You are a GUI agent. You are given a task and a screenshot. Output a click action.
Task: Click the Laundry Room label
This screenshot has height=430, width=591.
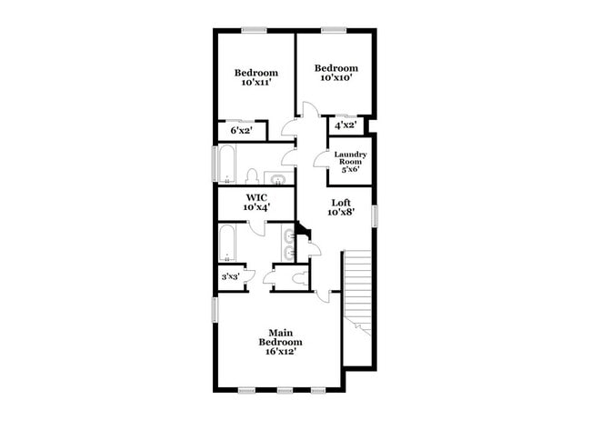350,161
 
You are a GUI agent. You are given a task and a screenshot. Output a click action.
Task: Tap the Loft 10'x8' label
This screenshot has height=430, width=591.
341,207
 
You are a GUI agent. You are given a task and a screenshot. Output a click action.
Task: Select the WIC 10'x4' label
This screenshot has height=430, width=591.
255,202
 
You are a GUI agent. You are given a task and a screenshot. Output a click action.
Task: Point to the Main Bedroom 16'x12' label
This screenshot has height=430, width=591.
279,342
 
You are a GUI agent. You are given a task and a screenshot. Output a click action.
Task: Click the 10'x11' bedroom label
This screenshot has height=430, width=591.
256,78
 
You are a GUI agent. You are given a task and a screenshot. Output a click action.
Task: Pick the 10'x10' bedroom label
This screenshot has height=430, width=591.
336,73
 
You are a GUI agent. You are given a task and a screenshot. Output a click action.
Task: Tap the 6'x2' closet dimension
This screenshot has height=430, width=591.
241,132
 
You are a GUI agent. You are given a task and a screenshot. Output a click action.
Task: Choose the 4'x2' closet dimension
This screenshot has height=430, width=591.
345,126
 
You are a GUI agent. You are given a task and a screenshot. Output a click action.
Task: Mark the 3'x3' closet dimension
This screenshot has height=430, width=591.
230,277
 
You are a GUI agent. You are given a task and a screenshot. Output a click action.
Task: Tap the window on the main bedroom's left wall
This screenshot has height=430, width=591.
215,309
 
